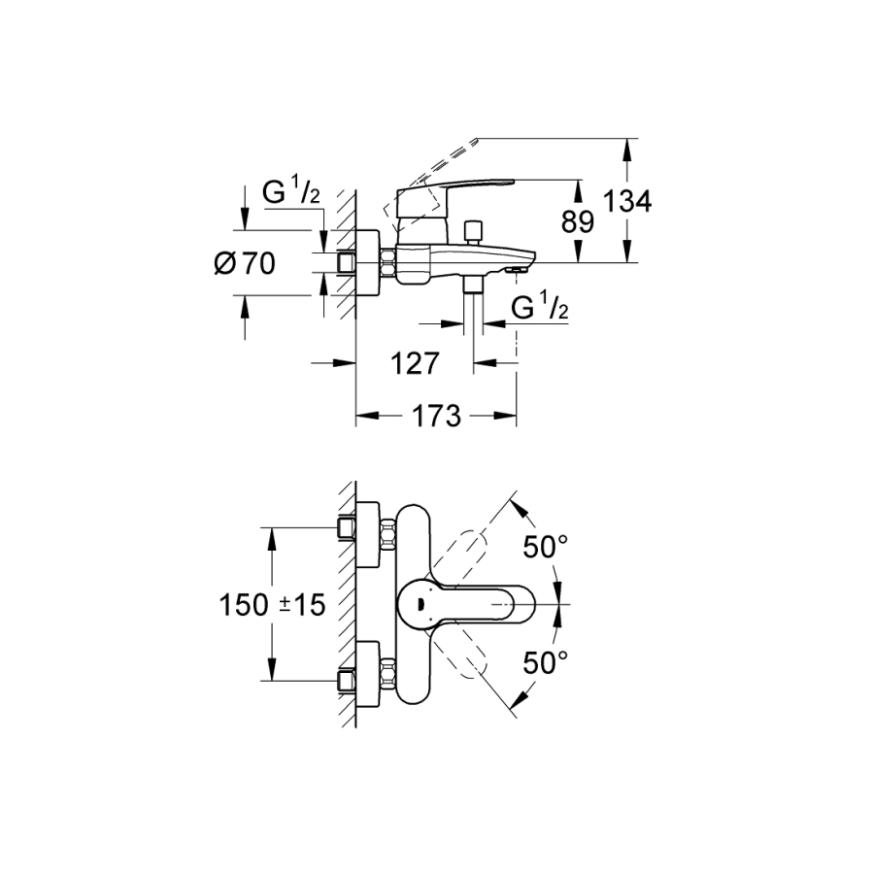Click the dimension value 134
627,201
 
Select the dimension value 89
578,221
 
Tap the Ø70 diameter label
245,263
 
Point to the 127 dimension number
415,364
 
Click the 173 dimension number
436,416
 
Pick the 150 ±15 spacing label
273,605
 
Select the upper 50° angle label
545,547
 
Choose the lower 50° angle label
545,662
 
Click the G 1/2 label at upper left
291,192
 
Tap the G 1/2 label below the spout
540,308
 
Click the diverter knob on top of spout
474,232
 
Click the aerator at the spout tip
517,271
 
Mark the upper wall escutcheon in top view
368,534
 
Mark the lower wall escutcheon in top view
368,674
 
